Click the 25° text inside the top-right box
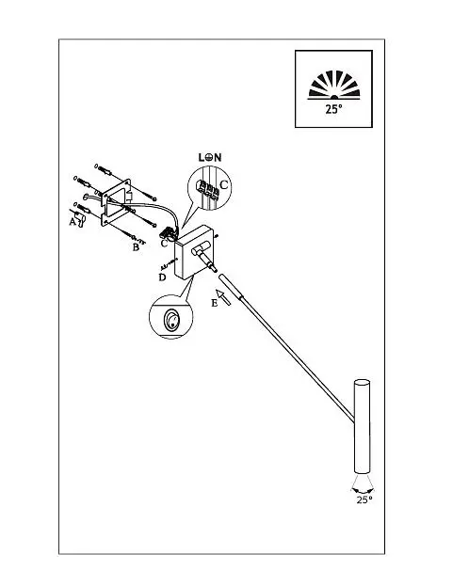click(333, 109)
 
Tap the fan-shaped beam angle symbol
click(333, 86)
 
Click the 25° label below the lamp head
click(364, 500)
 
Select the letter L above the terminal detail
click(202, 157)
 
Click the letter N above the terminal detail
click(218, 157)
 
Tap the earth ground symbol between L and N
click(209, 157)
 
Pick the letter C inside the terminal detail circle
click(223, 184)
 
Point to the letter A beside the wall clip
click(73, 222)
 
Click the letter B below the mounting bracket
click(136, 247)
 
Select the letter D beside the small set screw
click(162, 277)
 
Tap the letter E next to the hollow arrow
click(214, 303)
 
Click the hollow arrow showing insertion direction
click(223, 296)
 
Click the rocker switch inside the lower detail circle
click(171, 321)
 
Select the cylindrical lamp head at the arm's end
click(362, 427)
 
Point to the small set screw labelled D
click(167, 264)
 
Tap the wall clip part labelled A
click(80, 218)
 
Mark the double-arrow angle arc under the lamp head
click(363, 490)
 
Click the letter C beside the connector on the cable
click(164, 243)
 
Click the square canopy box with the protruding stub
click(193, 253)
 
